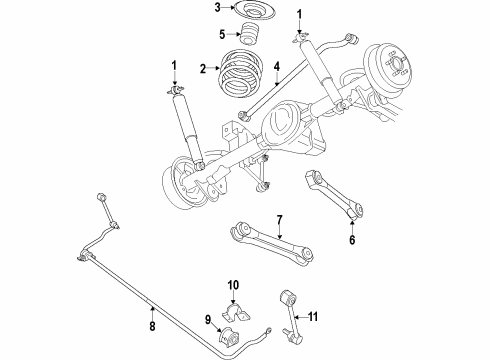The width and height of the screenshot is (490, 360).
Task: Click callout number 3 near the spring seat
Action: [215, 9]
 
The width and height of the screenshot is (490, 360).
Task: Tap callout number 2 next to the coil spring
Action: [204, 70]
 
